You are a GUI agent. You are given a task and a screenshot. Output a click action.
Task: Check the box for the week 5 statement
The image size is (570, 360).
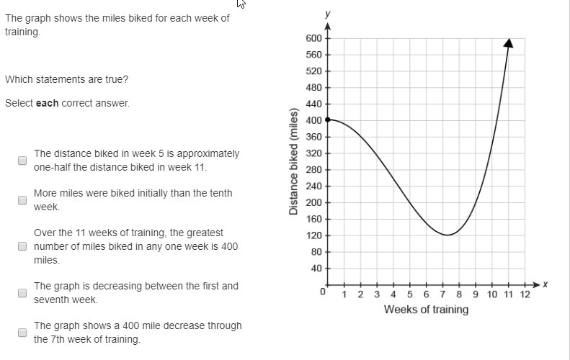(x=22, y=160)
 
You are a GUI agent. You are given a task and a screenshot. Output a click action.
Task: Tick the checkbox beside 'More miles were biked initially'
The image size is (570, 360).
(x=22, y=199)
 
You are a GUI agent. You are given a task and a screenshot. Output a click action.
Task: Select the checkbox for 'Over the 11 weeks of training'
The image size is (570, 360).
(x=22, y=246)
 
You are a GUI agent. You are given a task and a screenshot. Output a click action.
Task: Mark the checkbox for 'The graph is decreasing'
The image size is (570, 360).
(x=22, y=292)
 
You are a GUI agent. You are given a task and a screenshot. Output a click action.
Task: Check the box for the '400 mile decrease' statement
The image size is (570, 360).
(x=22, y=332)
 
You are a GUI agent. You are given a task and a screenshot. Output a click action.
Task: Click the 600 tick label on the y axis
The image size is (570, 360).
(x=313, y=38)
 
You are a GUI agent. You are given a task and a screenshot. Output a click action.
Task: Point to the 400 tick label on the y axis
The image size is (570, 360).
(x=313, y=121)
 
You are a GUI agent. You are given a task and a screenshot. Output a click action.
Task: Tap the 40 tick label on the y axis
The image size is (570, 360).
(x=316, y=269)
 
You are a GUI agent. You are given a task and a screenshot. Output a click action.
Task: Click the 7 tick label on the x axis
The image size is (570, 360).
(x=442, y=294)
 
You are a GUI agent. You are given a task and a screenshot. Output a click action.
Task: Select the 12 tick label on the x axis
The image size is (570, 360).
(x=525, y=294)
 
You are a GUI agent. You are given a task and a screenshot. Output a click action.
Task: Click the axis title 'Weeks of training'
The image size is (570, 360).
(x=426, y=310)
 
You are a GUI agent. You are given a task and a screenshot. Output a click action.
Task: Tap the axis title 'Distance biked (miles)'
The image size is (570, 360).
(x=293, y=163)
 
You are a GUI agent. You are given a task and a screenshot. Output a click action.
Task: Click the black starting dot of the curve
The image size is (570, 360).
(x=328, y=120)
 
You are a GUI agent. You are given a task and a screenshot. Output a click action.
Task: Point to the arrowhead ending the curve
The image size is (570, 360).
(x=508, y=42)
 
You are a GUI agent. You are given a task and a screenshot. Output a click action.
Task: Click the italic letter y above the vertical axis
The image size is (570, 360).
(x=328, y=14)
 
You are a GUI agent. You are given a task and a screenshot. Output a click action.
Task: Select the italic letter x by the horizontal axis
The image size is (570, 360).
(x=545, y=285)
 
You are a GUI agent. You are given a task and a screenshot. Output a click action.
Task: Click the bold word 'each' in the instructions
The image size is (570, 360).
(x=48, y=103)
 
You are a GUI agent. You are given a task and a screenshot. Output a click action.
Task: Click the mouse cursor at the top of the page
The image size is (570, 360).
(x=241, y=4)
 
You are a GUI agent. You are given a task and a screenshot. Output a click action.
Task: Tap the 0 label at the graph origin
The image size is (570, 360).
(x=324, y=292)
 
